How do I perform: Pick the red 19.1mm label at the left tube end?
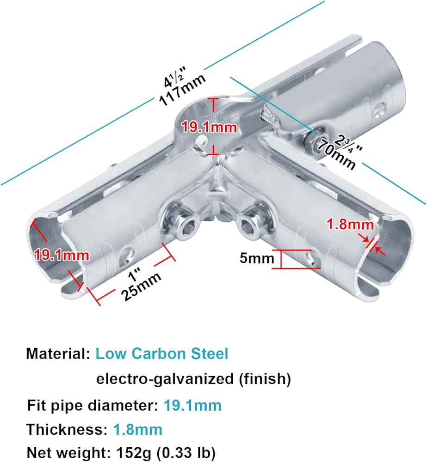click(x=55, y=254)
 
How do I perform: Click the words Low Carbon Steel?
click(x=162, y=354)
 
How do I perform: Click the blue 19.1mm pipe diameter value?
click(x=192, y=406)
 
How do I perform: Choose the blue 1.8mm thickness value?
click(x=137, y=429)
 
